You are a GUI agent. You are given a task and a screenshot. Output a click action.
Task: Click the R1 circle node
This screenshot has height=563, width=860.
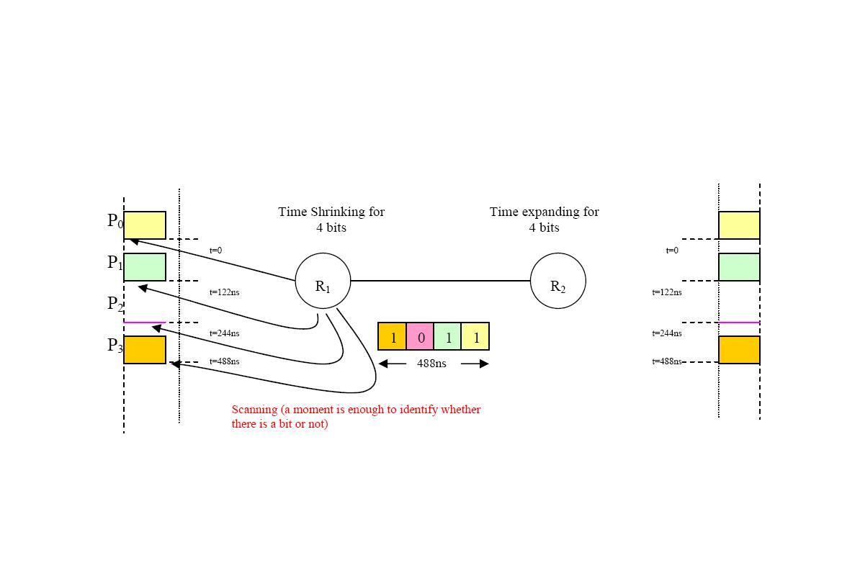[x=323, y=281]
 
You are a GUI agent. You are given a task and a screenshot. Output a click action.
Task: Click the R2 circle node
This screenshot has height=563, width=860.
[x=557, y=281]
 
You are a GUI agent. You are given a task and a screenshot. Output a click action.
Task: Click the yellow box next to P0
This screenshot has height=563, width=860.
[x=145, y=225]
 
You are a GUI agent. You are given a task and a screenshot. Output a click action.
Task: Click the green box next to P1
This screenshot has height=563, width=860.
[x=145, y=267]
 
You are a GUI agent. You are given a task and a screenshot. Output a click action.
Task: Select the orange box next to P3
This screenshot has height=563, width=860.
[x=145, y=350]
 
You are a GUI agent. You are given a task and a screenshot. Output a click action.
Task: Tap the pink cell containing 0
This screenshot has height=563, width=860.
[x=420, y=336]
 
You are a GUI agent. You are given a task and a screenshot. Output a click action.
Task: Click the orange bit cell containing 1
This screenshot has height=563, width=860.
[x=393, y=336]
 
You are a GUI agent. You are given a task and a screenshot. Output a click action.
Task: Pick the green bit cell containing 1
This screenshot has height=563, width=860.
[x=447, y=336]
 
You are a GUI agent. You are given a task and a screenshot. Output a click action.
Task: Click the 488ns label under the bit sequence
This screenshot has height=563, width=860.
[x=431, y=364]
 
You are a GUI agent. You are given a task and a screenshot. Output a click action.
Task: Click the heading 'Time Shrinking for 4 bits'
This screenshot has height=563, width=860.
[x=331, y=220]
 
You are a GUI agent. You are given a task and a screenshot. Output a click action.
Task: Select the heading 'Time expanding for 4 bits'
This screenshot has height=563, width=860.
[x=544, y=220]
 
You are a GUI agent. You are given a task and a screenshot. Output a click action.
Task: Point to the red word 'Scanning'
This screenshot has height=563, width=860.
[x=254, y=410]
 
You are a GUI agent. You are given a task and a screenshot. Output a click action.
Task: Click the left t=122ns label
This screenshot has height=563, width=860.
[x=224, y=292]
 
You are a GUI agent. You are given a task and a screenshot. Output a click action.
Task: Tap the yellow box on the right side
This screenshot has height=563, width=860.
[x=739, y=225]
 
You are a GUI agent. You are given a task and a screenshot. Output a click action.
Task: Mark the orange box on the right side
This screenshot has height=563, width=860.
[x=739, y=350]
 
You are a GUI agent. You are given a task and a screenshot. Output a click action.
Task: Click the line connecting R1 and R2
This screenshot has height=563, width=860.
[x=440, y=281]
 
